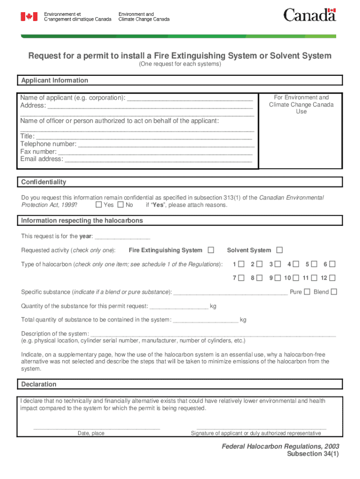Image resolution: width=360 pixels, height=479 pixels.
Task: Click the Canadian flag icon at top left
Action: click(29, 17)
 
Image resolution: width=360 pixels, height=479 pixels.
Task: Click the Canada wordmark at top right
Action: click(310, 15)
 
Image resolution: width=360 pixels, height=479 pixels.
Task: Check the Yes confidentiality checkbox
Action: click(99, 205)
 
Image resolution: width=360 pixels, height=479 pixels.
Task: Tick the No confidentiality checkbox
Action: click(121, 205)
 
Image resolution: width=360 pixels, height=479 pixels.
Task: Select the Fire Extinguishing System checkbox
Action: click(211, 250)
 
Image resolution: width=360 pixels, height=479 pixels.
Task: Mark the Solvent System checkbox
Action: click(280, 250)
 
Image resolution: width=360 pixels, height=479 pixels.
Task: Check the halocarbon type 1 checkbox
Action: click(241, 264)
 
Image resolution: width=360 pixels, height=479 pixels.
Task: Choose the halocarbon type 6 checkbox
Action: click(332, 264)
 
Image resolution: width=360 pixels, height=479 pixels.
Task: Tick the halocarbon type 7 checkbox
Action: click(241, 278)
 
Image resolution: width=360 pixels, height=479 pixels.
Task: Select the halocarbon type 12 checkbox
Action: click(332, 278)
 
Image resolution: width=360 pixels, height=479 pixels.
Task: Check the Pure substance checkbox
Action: click(307, 292)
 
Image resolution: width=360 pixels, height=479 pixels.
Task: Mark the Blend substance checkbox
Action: click(334, 292)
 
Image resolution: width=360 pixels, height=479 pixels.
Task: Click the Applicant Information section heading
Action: click(55, 80)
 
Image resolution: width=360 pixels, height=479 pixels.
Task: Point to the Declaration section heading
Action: click(39, 385)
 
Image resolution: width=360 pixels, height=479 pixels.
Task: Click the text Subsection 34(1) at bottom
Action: click(313, 454)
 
